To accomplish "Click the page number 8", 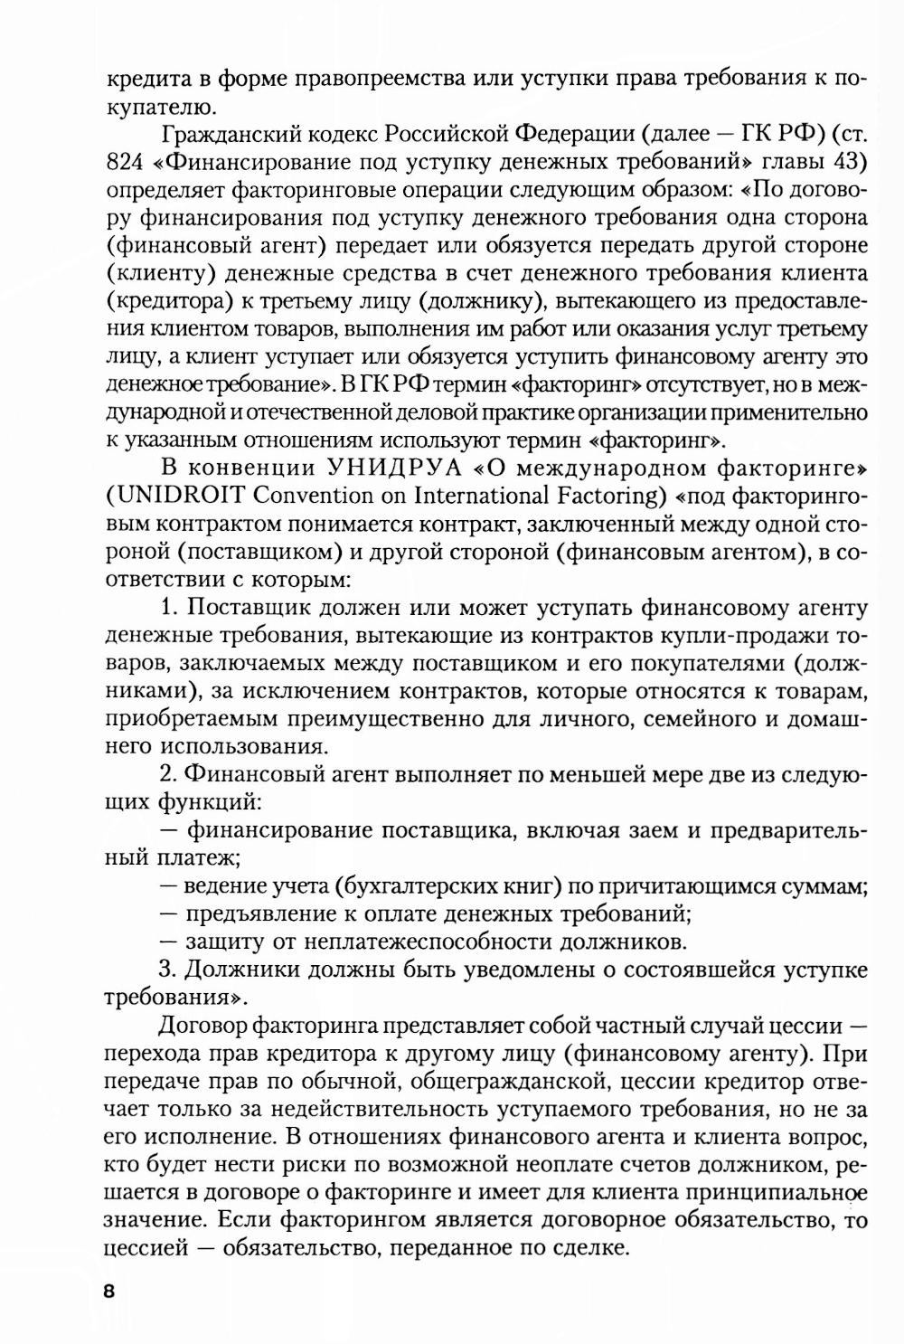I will click(110, 1290).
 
